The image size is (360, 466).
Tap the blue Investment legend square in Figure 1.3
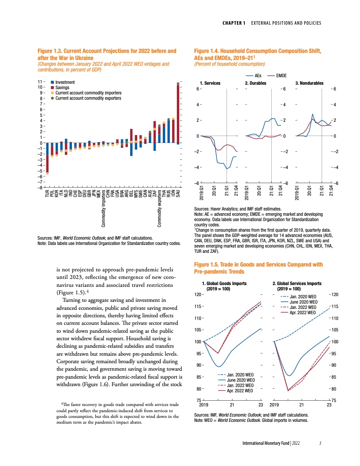click(x=52, y=83)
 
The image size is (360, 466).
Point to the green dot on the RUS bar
click(x=169, y=119)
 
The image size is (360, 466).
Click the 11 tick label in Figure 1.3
click(x=41, y=82)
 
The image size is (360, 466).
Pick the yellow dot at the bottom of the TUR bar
click(x=47, y=173)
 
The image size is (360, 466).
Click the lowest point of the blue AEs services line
click(x=227, y=169)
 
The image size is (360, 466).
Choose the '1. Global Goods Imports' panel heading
click(x=224, y=283)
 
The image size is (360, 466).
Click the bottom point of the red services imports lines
click(x=288, y=391)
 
